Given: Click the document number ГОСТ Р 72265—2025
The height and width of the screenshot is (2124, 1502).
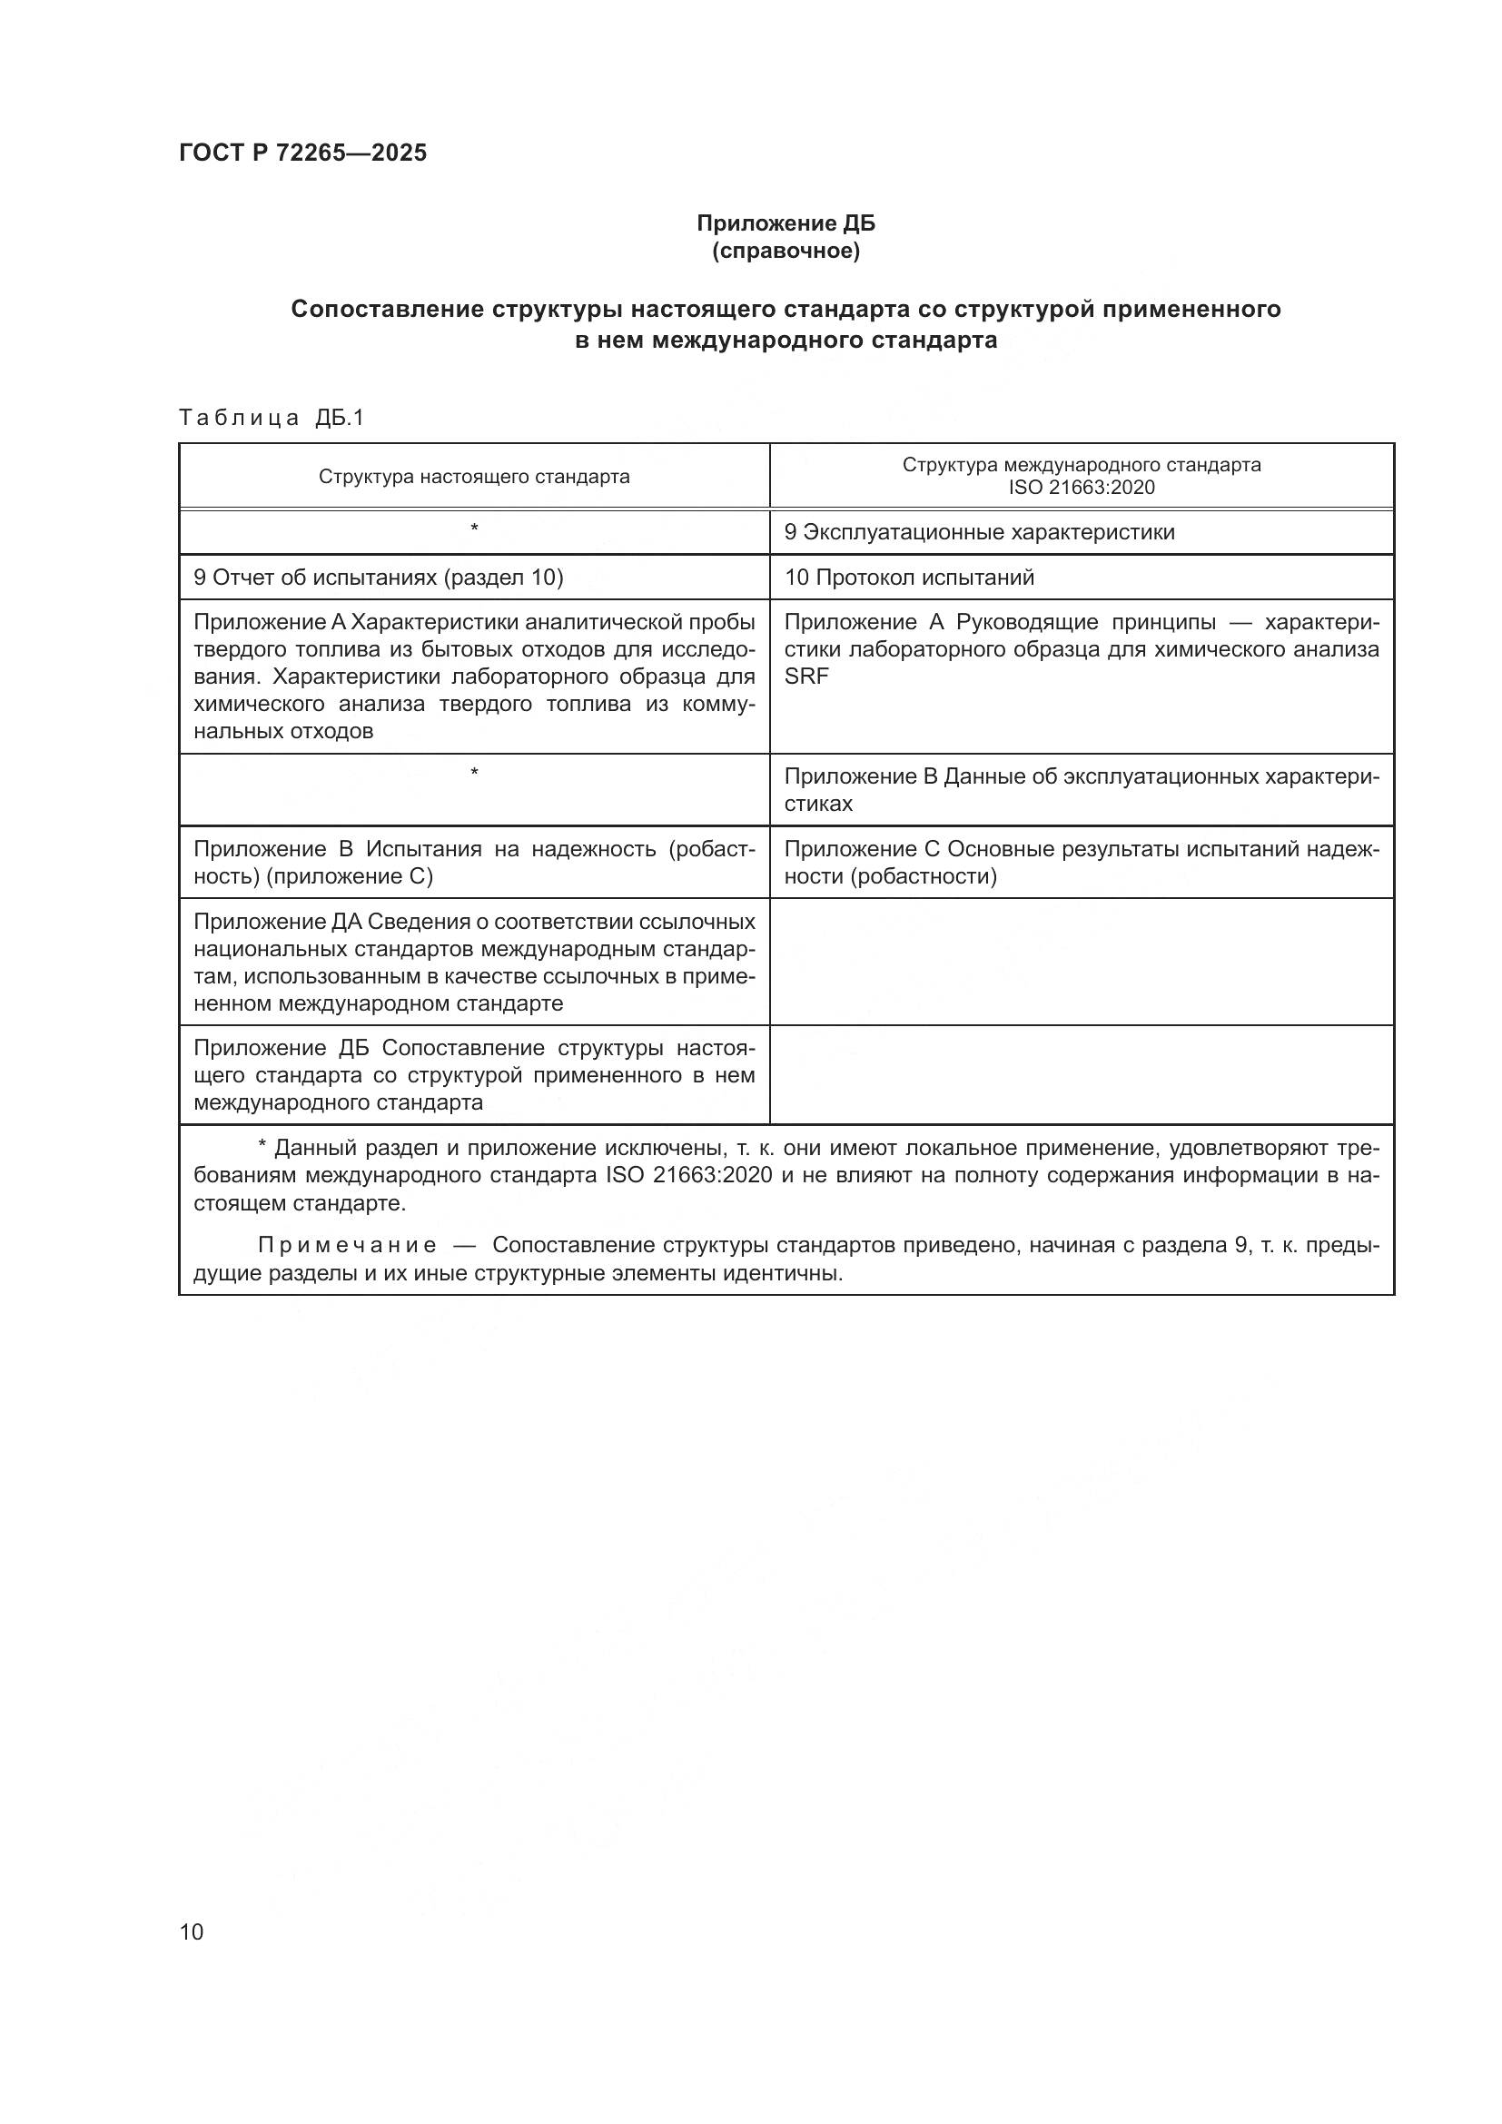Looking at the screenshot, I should [x=302, y=153].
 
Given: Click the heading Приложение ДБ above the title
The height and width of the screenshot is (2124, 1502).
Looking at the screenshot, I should [x=786, y=223].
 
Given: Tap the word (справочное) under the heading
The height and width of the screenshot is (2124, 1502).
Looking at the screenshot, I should [x=786, y=251].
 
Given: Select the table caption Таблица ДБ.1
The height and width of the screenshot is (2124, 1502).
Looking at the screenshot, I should [x=272, y=418].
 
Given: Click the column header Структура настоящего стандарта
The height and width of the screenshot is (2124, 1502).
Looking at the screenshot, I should [x=473, y=477].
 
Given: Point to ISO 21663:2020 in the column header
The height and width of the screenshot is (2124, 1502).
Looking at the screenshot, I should [x=1082, y=488].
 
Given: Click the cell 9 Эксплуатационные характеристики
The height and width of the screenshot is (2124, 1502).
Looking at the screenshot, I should [x=980, y=532].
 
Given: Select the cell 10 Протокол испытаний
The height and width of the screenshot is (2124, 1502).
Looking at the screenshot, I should [x=909, y=578].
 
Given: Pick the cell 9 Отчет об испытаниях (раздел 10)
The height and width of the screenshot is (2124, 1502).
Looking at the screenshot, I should [x=379, y=578].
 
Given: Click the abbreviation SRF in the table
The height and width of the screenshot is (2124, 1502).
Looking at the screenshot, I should [x=806, y=677].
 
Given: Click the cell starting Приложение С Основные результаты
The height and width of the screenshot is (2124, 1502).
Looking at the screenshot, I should [x=1082, y=862].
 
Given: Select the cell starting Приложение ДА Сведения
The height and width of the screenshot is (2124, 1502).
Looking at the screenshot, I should [x=473, y=962].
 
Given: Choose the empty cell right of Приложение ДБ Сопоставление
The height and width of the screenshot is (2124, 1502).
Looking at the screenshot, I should [x=1082, y=1075].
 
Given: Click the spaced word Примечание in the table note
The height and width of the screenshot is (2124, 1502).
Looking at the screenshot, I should [x=347, y=1246].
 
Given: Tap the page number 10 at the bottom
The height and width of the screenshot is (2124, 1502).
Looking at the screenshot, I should [x=192, y=1931].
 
